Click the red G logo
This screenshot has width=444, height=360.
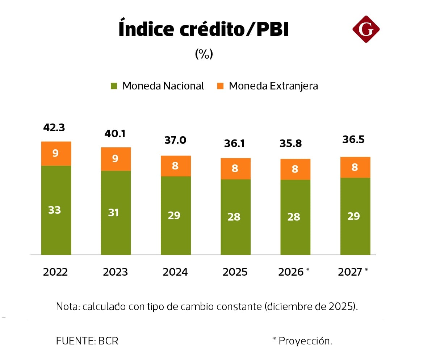pos(366,29)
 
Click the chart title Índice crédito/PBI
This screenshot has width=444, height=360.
pos(204,29)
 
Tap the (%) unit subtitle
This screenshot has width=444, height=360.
pos(204,54)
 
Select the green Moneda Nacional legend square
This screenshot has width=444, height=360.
pos(114,86)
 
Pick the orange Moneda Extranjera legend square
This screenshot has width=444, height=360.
pos(220,86)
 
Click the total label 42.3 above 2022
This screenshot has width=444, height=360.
pos(54,127)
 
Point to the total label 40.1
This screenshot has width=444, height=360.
pos(115,134)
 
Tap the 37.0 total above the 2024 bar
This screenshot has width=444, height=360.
pos(175,140)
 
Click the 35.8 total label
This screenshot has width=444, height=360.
pos(290,143)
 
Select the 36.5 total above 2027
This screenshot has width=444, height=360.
pos(353,139)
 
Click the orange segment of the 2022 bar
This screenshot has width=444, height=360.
pos(56,154)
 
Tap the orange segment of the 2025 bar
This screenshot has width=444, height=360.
pos(235,168)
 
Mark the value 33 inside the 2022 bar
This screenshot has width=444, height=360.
pos(55,210)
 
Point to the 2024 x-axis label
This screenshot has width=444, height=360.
pos(175,272)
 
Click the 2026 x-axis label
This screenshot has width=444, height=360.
pos(291,272)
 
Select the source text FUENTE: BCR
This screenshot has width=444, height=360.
pos(87,341)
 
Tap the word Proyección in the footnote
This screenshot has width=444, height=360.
pos(305,341)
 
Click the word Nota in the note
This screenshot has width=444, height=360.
pos(67,306)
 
